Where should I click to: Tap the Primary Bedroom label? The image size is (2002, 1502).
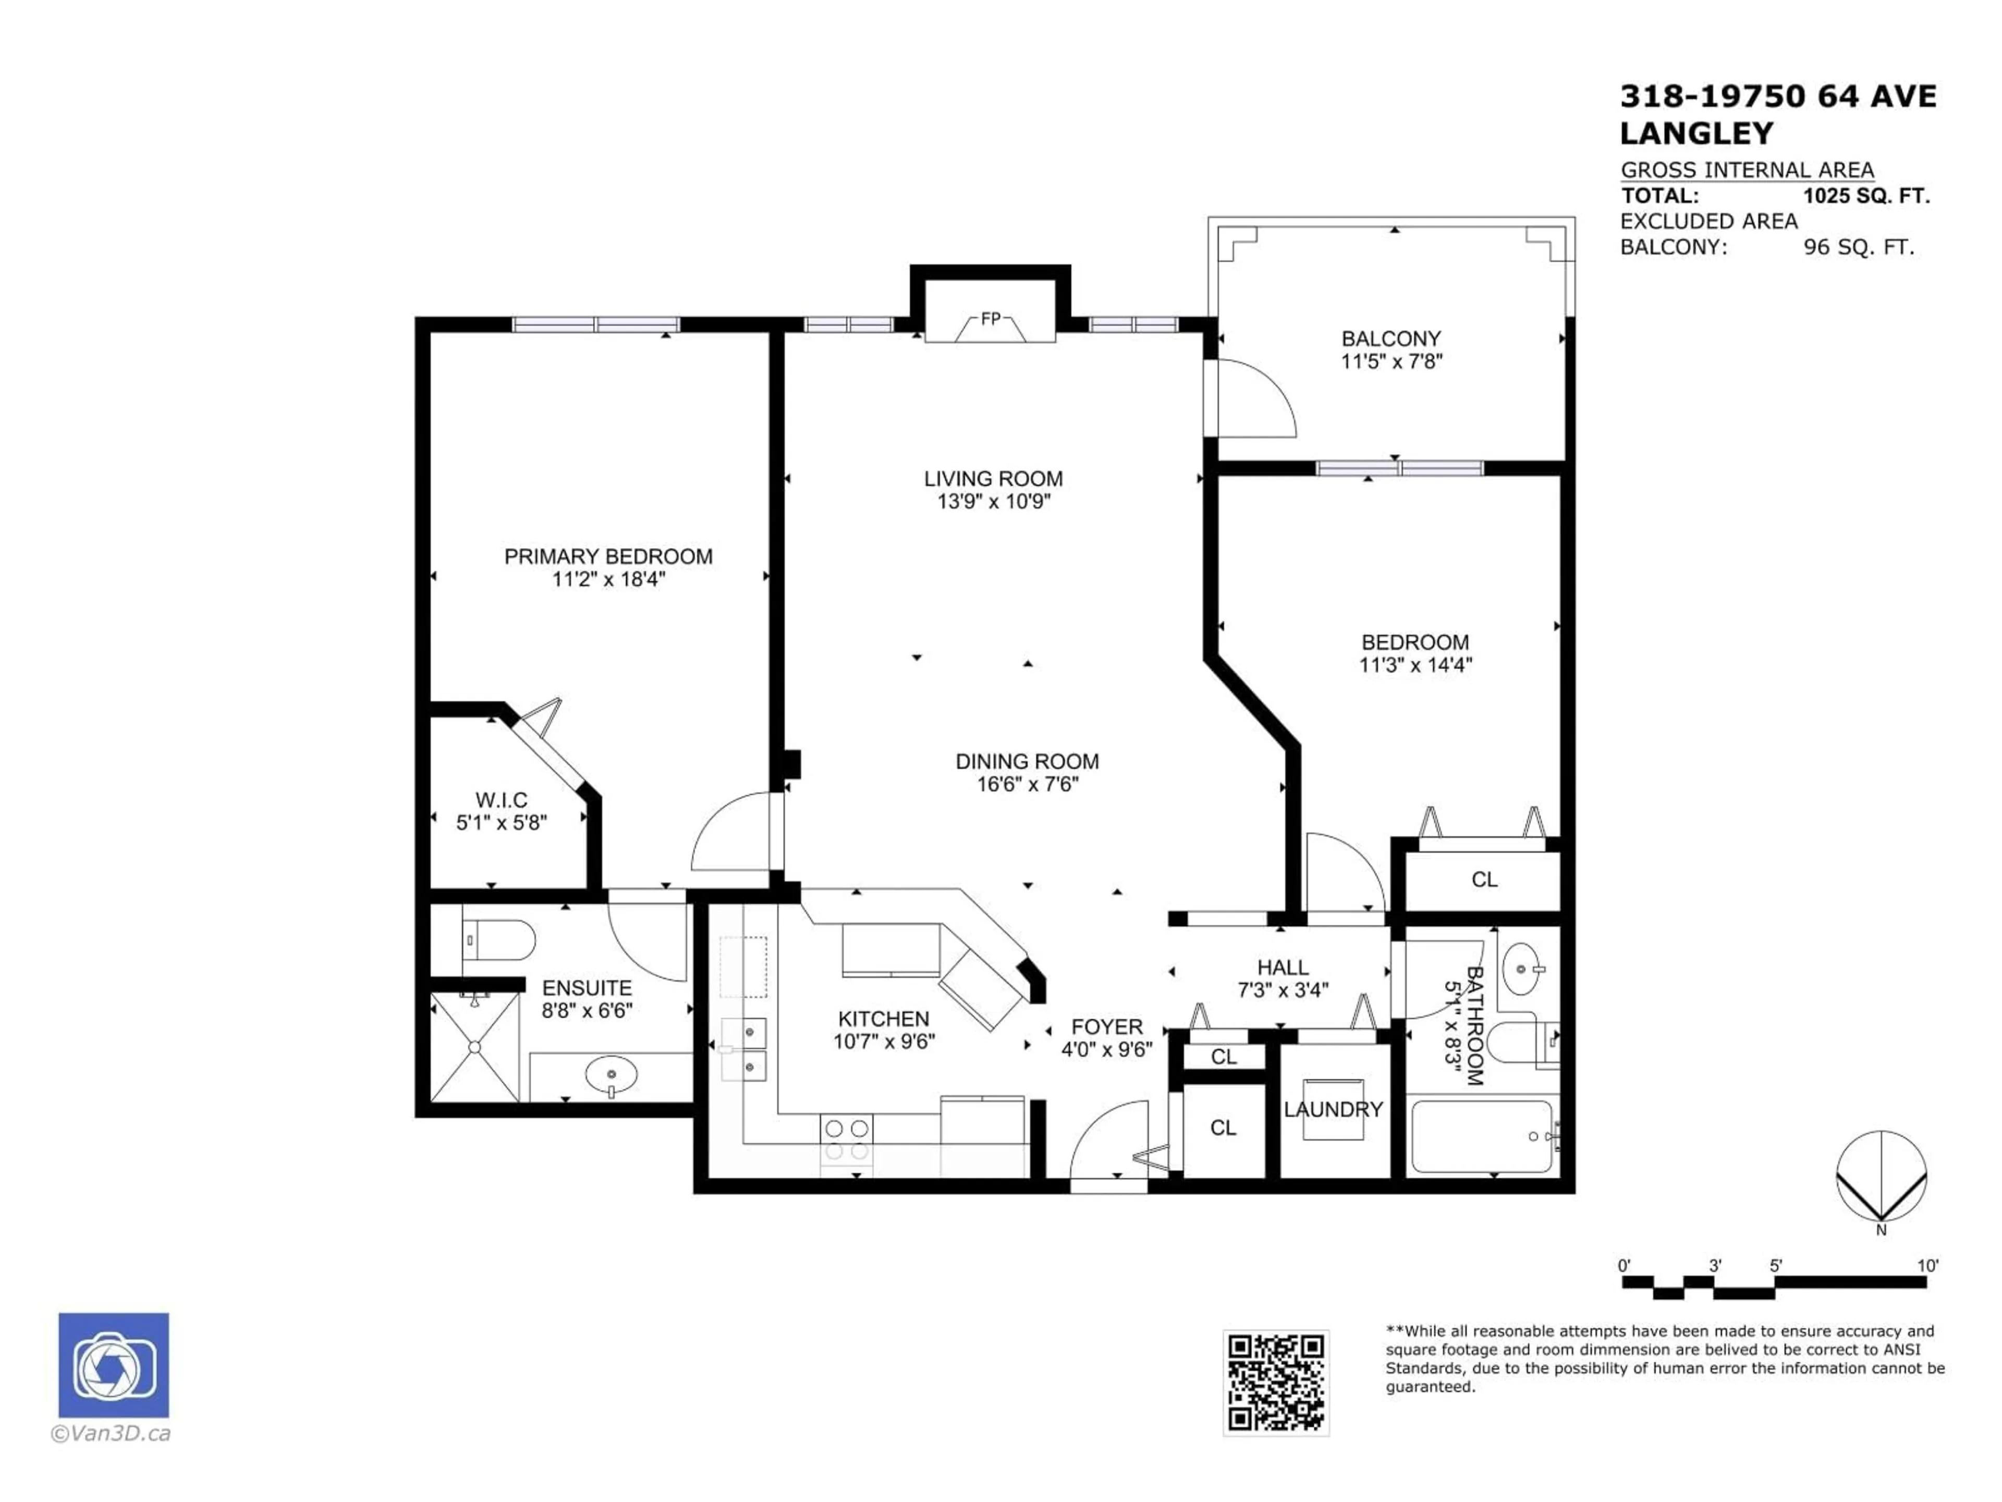pos(608,557)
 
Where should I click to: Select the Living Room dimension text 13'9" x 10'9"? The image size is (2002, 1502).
pos(994,502)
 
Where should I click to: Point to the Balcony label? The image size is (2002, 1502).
pos(1391,338)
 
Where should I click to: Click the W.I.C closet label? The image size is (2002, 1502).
pos(502,801)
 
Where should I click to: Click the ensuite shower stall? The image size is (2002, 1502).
pos(474,1048)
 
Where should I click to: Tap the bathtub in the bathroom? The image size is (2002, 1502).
pos(1482,1136)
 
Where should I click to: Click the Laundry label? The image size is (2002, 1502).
pos(1333,1109)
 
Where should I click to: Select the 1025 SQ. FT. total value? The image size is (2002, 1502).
pos(1866,196)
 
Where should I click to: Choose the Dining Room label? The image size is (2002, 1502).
pos(1027,761)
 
